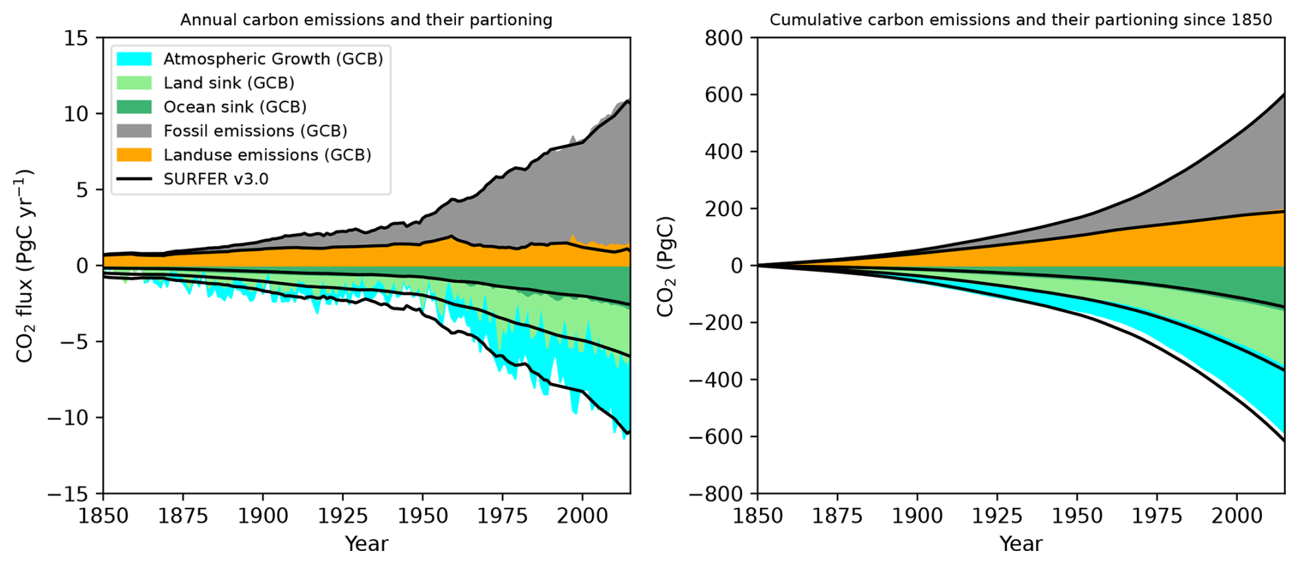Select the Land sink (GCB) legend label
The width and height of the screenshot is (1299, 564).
click(x=229, y=83)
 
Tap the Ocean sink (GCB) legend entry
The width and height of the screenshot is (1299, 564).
click(x=235, y=107)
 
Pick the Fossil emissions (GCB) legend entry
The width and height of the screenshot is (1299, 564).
click(x=255, y=131)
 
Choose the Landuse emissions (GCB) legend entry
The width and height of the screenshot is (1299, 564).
click(x=267, y=155)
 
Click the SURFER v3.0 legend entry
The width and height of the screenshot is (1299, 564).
click(x=216, y=179)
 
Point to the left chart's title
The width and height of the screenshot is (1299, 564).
click(x=366, y=20)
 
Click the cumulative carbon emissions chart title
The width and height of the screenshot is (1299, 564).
click(x=1020, y=20)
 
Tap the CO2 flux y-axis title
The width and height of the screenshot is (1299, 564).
click(x=25, y=266)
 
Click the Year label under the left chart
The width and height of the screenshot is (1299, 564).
click(x=366, y=544)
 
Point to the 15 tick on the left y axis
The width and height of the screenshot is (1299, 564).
click(x=76, y=38)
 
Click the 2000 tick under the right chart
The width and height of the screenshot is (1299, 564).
click(x=1237, y=516)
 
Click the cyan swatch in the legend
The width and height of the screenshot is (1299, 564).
click(x=134, y=59)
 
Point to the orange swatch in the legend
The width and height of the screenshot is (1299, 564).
click(x=134, y=155)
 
